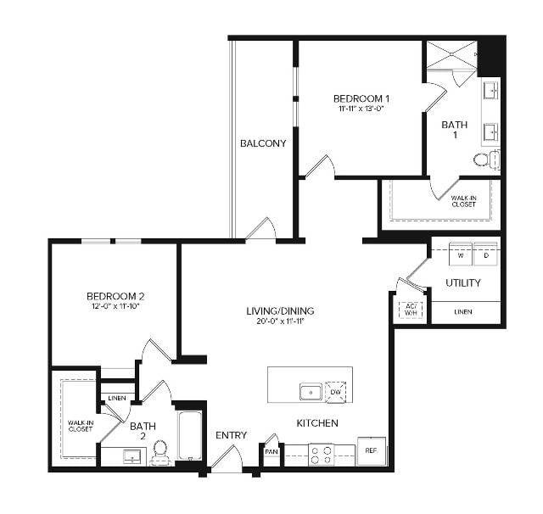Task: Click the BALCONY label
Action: pyautogui.click(x=263, y=143)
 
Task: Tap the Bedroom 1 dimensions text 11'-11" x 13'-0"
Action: pyautogui.click(x=361, y=109)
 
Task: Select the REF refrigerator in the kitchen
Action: pyautogui.click(x=372, y=451)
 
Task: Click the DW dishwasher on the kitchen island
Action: pyautogui.click(x=336, y=392)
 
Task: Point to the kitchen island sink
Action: pyautogui.click(x=311, y=392)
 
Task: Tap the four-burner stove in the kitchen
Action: pyautogui.click(x=322, y=455)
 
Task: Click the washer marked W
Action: pyautogui.click(x=461, y=254)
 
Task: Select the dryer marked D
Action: pyautogui.click(x=486, y=254)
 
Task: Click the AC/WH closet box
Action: pyautogui.click(x=411, y=310)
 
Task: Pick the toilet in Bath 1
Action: pyautogui.click(x=486, y=159)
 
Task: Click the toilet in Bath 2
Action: pyautogui.click(x=160, y=453)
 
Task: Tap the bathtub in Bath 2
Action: pyautogui.click(x=190, y=435)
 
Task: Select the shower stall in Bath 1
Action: pyautogui.click(x=451, y=54)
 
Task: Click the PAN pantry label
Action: pyautogui.click(x=271, y=452)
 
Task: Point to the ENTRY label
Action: pyautogui.click(x=231, y=435)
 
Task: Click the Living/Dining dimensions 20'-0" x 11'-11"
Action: pyautogui.click(x=280, y=321)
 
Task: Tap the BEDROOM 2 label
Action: pyautogui.click(x=115, y=296)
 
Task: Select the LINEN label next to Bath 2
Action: pyautogui.click(x=117, y=398)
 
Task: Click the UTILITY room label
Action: pyautogui.click(x=463, y=282)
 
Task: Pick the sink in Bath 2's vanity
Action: pyautogui.click(x=132, y=456)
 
